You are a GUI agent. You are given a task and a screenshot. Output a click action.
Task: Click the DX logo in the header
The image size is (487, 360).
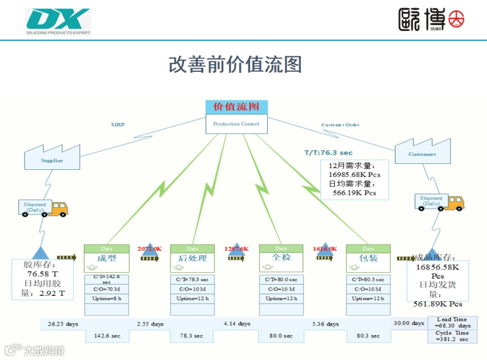58,20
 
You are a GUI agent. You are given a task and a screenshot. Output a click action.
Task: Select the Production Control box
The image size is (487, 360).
236,124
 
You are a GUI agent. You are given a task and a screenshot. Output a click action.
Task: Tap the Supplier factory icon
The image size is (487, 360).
52,155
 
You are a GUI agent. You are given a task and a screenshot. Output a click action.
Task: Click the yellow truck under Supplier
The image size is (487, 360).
58,208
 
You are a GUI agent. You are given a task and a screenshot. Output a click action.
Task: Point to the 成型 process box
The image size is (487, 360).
107,258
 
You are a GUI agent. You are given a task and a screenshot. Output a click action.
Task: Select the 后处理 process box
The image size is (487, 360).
192,258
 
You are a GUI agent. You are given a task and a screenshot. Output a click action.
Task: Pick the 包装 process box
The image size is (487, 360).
368,258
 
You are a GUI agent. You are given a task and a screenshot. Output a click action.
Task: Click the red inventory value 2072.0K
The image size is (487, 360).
150,248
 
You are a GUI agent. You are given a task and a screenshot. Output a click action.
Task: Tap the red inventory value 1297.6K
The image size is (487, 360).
236,248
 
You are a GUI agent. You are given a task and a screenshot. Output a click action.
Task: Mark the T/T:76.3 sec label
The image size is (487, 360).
328,153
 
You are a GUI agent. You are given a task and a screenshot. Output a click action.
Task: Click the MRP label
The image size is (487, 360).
118,125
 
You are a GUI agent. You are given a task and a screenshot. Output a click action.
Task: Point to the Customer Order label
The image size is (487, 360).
340,125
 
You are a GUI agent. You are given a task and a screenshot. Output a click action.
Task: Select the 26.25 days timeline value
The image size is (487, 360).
63,324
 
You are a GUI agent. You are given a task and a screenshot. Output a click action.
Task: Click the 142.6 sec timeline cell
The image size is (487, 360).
107,336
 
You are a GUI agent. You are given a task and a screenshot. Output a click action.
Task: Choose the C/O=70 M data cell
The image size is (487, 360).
107,289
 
